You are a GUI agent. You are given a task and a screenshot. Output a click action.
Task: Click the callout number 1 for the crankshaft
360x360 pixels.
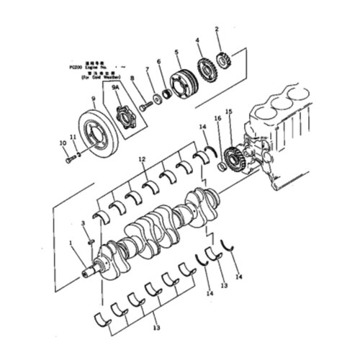tap(70, 243)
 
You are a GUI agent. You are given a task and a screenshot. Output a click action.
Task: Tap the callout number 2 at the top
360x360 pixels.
tap(217, 29)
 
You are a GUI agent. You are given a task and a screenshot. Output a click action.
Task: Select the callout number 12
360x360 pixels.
tap(143, 158)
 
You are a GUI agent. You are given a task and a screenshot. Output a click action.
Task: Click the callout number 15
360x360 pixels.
tap(228, 112)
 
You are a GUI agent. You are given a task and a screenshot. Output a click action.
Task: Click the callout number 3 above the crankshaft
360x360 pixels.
tap(82, 224)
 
